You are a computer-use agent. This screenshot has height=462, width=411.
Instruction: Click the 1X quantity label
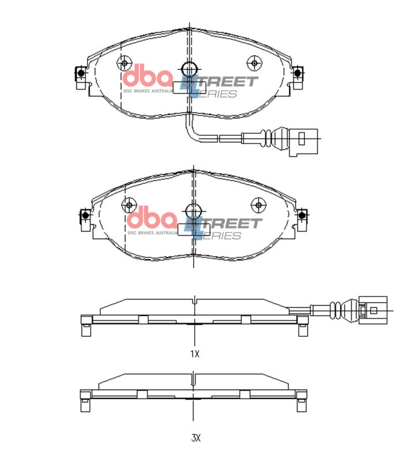[x=195, y=353]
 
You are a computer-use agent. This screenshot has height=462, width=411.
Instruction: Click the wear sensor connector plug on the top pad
[x=304, y=141]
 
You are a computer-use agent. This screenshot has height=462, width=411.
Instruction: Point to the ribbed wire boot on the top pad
[x=268, y=137]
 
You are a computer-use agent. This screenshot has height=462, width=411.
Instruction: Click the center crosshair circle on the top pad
[x=189, y=68]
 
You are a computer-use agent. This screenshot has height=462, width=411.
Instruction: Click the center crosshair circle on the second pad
[x=193, y=210]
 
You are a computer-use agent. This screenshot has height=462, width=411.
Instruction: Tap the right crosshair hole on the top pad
[x=254, y=62]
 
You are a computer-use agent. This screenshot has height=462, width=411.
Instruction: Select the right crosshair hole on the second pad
[x=258, y=204]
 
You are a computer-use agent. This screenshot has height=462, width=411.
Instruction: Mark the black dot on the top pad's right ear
[x=298, y=73]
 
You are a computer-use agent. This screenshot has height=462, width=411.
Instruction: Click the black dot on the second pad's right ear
[x=301, y=215]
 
